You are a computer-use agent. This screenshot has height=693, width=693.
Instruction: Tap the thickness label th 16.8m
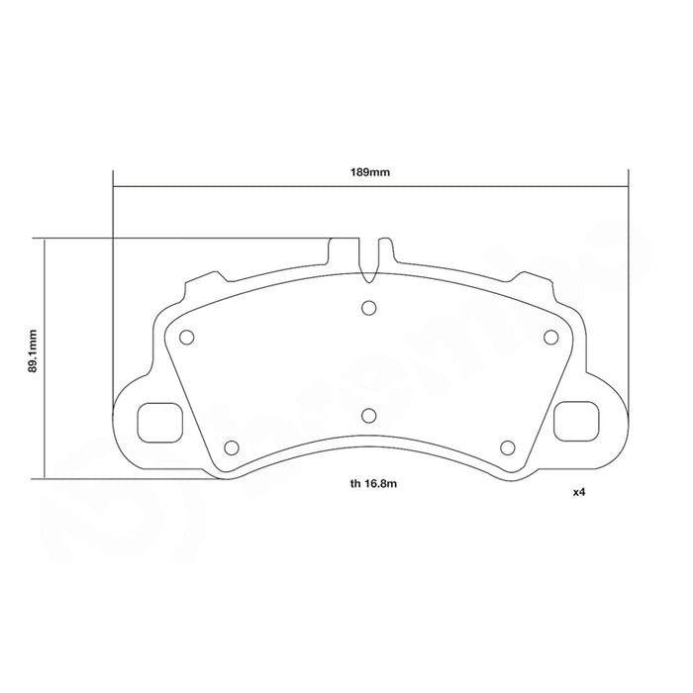tap(373, 483)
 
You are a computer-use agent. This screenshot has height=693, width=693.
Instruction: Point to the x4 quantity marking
tap(579, 492)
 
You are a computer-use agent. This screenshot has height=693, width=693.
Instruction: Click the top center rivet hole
tap(368, 308)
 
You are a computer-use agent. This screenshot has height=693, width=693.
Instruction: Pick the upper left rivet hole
tap(186, 338)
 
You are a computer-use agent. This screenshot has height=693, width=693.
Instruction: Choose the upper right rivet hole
tap(550, 338)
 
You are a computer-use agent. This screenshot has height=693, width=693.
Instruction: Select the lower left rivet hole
tap(232, 447)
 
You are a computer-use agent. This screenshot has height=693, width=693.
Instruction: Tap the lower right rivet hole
tap(508, 447)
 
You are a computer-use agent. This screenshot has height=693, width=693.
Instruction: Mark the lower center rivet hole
tap(368, 416)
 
